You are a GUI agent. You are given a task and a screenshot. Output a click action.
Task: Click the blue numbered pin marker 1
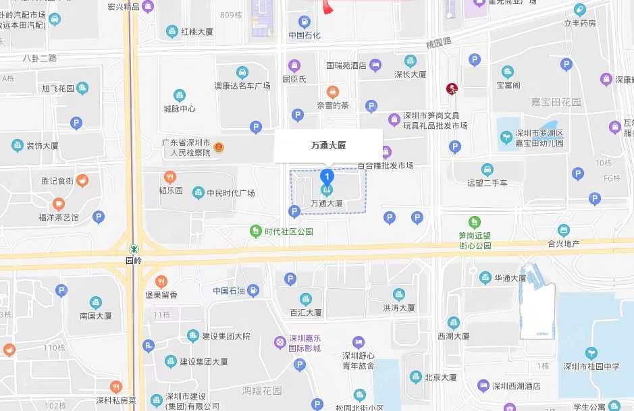327,177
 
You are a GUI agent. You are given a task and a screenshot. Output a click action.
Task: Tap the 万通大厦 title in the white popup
328,145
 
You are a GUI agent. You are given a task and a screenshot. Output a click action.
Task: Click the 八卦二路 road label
40,58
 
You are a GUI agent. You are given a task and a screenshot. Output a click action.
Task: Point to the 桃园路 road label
438,42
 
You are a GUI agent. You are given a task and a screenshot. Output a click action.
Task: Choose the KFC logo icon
451,88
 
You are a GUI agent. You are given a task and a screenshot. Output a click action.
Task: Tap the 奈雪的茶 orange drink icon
333,92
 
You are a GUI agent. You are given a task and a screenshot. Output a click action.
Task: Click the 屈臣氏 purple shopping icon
294,65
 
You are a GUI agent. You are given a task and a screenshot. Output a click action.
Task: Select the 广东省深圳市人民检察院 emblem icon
218,146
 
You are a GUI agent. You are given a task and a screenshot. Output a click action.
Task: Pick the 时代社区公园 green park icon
256,231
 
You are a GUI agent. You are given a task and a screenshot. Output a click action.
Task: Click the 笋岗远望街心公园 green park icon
475,221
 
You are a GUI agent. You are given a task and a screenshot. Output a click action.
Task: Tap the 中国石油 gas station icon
253,291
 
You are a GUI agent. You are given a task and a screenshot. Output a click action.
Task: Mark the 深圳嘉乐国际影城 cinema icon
280,342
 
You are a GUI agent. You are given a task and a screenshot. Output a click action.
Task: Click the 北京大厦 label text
443,377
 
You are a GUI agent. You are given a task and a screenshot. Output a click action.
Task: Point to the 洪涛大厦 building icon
399,294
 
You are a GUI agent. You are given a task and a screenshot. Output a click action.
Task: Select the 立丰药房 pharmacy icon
579,9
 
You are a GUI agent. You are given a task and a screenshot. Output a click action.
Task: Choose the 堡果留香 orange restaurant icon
161,281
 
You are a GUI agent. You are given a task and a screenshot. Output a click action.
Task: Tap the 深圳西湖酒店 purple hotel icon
483,386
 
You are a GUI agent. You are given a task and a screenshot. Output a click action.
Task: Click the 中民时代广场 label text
231,193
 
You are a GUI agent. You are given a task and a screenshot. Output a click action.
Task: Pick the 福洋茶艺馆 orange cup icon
59,203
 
